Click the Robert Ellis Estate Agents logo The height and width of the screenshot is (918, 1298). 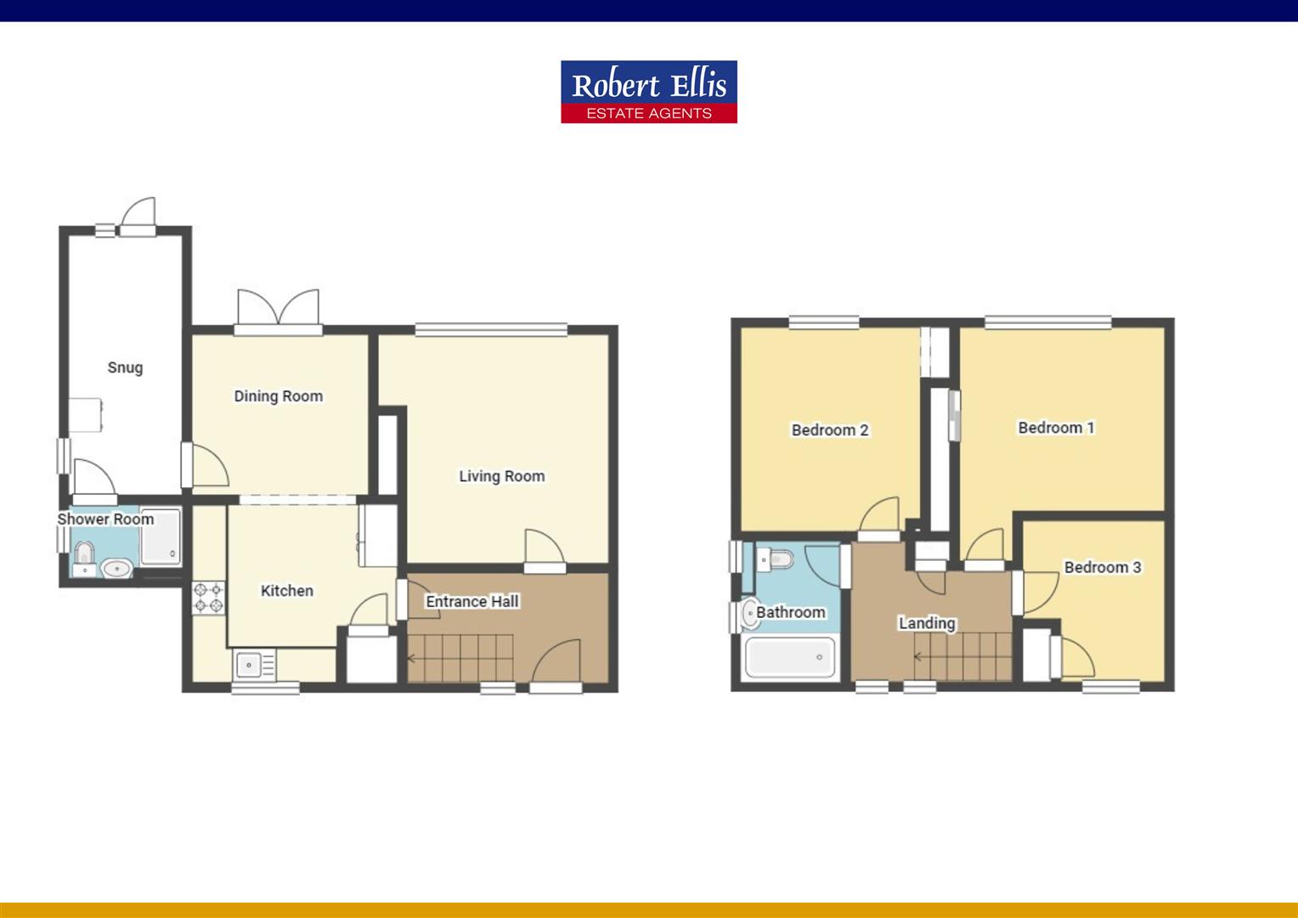pos(648,92)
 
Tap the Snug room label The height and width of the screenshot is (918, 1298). pos(125,368)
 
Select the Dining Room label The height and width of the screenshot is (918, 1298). pos(279,396)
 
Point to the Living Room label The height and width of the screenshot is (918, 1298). pos(502,476)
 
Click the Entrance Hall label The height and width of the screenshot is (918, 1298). pos(472,602)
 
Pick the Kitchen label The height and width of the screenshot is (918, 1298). pos(287,591)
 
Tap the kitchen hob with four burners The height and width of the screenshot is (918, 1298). pos(208,597)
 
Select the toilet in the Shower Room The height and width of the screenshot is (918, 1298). pos(82,554)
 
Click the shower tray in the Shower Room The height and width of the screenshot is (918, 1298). pos(161,537)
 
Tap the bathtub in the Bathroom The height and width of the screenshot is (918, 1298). pos(790,657)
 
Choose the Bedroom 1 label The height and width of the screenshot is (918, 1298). pos(1056,428)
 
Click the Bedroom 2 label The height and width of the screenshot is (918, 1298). pos(830,430)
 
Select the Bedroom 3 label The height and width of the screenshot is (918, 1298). pos(1103,567)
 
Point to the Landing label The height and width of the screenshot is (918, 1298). pos(927,623)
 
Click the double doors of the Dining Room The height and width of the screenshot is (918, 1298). pos(279,309)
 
